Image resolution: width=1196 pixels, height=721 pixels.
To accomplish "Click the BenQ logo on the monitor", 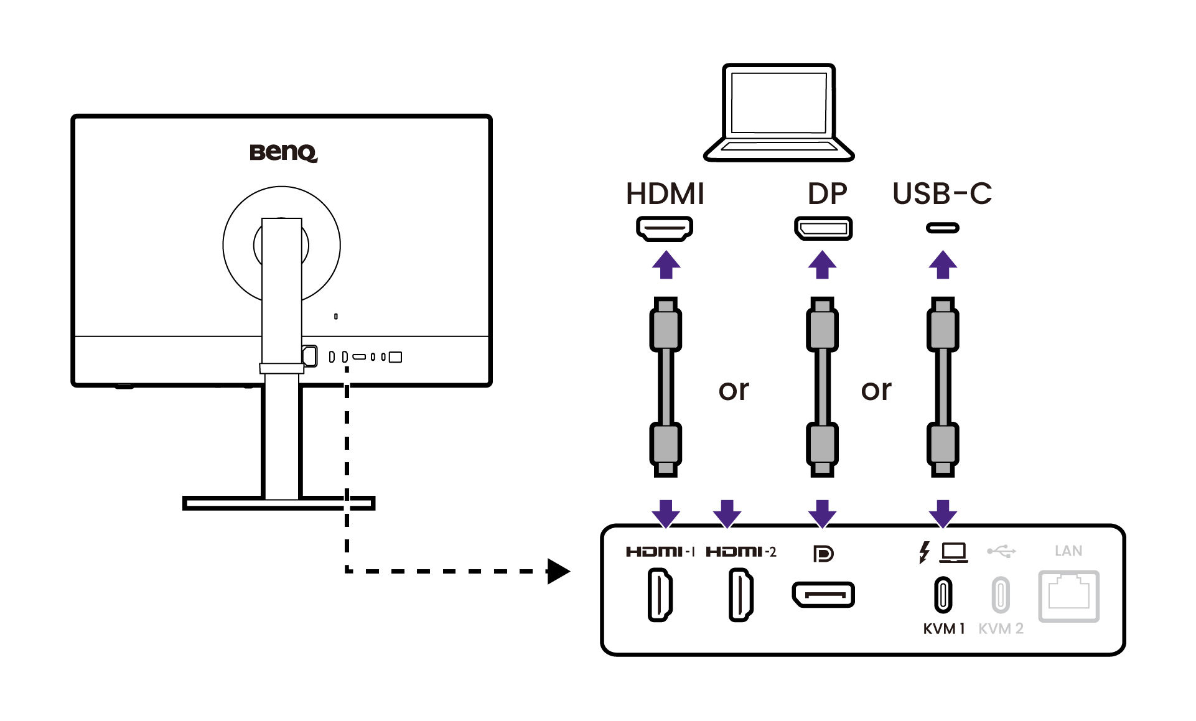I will pos(283,152).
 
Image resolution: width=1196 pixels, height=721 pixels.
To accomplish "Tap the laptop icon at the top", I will pos(778,112).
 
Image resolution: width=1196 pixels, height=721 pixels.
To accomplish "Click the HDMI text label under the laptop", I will pos(665,193).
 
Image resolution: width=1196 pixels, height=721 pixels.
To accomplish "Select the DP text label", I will pos(827,193).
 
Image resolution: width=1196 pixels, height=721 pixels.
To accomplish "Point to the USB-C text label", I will pos(942,193).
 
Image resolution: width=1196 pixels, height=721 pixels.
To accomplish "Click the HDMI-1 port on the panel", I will pos(660,595).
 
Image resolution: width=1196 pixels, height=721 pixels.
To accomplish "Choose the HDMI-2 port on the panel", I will pos(740,595).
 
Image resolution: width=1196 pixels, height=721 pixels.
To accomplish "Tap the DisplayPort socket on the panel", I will pos(823,595).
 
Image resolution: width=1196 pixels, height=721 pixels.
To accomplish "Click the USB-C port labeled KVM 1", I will pos(943,595).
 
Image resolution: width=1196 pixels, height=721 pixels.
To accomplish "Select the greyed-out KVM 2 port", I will pos(1001,595).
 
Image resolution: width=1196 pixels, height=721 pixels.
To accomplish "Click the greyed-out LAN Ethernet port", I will pos(1068,596).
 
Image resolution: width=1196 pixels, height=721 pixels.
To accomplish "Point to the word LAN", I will pos(1068,551).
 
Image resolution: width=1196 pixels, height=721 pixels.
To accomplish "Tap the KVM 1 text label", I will pos(943,629).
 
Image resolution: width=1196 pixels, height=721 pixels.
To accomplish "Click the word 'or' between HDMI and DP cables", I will pos(734,390).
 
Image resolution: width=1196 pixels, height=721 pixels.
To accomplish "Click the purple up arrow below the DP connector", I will pos(822,265).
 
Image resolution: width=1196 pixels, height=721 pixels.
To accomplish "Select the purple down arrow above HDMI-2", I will pos(727,513).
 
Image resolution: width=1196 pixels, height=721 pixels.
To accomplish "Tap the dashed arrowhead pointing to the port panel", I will pos(558,571).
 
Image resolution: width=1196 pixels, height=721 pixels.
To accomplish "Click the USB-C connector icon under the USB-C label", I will pos(942,228).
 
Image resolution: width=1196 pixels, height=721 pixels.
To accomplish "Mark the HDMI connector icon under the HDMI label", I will pos(665,228).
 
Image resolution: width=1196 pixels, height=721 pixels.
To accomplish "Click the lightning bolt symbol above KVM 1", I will pos(925,552).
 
